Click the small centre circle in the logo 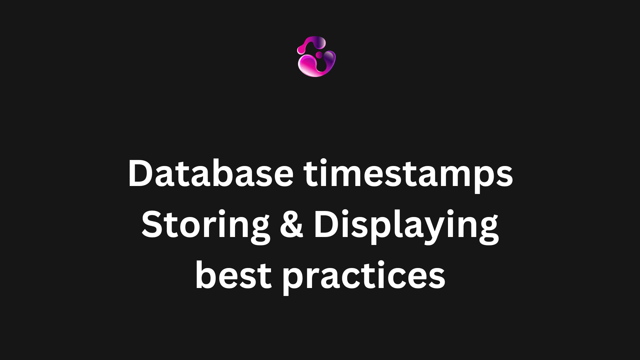pyautogui.click(x=319, y=54)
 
